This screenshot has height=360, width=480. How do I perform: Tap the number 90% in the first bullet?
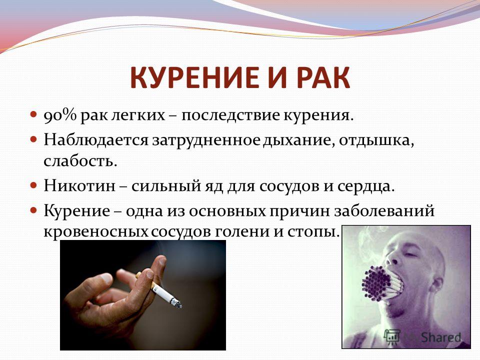tap(60, 116)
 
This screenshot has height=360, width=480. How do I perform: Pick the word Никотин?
tap(79, 185)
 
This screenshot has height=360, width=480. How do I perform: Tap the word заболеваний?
tap(384, 211)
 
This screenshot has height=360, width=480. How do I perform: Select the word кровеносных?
tap(96, 231)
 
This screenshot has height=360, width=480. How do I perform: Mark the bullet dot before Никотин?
tap(33, 185)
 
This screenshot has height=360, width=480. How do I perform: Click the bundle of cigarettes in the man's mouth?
tap(381, 283)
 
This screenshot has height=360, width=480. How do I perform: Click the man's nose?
tap(393, 257)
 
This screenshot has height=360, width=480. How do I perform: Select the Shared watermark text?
tap(440, 337)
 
